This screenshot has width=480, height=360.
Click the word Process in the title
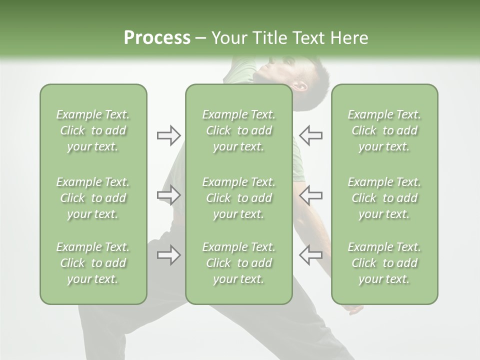pos(157,38)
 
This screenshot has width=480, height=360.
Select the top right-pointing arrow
pos(169,135)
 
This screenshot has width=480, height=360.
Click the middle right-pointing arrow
pos(169,195)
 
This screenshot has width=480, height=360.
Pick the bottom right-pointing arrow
pos(169,255)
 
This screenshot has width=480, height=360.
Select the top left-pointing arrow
pos(310,135)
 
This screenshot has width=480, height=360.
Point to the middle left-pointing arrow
pos(310,195)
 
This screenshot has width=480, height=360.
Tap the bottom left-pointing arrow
pos(310,255)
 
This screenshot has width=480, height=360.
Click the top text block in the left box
pos(93,130)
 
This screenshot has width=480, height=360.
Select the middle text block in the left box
pos(93,198)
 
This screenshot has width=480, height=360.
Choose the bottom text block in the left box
pos(93,263)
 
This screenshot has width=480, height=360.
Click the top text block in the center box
pos(238,130)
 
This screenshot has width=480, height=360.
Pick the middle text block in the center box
pos(238,198)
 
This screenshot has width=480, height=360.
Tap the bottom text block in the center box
pos(238,263)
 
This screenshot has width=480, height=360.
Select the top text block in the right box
pos(384,130)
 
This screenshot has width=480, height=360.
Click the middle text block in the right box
pos(384,198)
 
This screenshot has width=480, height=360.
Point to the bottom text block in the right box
pos(384,263)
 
